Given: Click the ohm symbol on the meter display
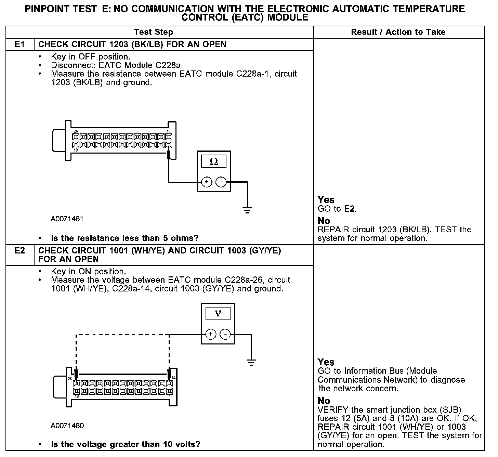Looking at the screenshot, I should tap(213, 161).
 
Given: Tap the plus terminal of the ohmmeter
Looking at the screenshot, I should tap(206, 182).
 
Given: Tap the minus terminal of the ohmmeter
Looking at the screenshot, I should tap(221, 182).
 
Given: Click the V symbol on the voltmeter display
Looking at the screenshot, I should tap(218, 313).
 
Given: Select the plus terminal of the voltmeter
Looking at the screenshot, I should tap(211, 334).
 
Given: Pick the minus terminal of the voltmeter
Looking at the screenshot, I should tap(225, 334).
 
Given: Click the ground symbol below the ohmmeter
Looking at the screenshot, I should tap(247, 209).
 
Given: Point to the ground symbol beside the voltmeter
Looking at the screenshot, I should tap(251, 362).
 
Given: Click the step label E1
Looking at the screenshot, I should tap(20, 44).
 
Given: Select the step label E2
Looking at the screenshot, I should tap(20, 251).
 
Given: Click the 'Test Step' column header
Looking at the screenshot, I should tap(154, 32).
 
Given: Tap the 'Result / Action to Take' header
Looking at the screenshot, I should tap(398, 32).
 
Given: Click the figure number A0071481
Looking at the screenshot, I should tap(67, 219).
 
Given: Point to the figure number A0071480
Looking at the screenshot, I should tap(67, 426).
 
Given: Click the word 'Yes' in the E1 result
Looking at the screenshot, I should tap(326, 200).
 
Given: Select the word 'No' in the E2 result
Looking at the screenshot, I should tap(324, 401).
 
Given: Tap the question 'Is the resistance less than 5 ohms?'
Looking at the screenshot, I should tap(124, 238).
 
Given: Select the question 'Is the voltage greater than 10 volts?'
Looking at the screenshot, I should tap(126, 444).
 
